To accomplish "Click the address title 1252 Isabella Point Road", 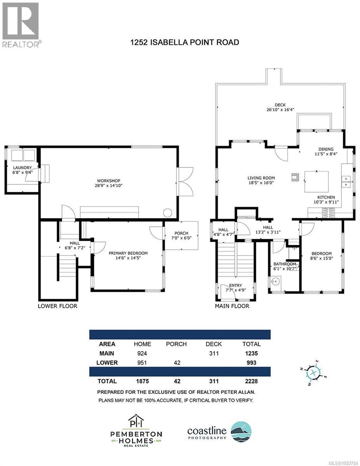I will coord(184,42).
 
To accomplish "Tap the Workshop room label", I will coord(108,181).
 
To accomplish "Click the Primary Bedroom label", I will coord(128,253).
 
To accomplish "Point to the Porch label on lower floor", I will coord(181,233).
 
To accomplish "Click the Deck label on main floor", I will coord(280,105).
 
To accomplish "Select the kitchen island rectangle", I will coord(316,181).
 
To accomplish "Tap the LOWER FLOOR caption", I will coord(57,306).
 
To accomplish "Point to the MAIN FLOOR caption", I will coord(232,306).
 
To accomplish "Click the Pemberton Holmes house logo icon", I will coord(136,421).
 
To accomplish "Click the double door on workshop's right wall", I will coord(185,181).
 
